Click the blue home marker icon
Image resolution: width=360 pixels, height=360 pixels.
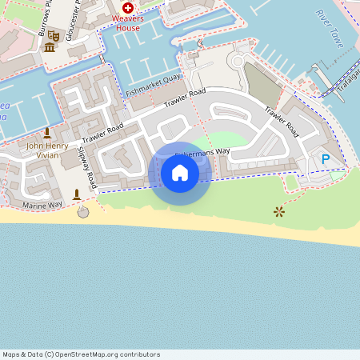179,173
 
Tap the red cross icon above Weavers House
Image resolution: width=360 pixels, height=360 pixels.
127,6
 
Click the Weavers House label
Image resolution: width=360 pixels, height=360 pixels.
126,22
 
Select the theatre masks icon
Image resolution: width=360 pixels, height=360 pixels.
54,35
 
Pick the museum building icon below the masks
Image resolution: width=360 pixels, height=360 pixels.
50,49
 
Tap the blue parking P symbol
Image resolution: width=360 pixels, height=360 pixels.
326,160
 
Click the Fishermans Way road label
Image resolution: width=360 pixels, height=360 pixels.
204,150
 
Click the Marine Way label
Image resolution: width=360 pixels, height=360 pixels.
42,206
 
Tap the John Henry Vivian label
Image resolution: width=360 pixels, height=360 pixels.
43,150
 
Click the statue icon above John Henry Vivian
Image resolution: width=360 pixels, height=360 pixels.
46,133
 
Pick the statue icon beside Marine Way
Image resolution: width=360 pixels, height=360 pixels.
77,194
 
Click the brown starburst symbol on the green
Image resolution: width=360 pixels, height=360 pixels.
278,211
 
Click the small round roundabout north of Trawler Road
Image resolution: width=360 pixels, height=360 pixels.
238,60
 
